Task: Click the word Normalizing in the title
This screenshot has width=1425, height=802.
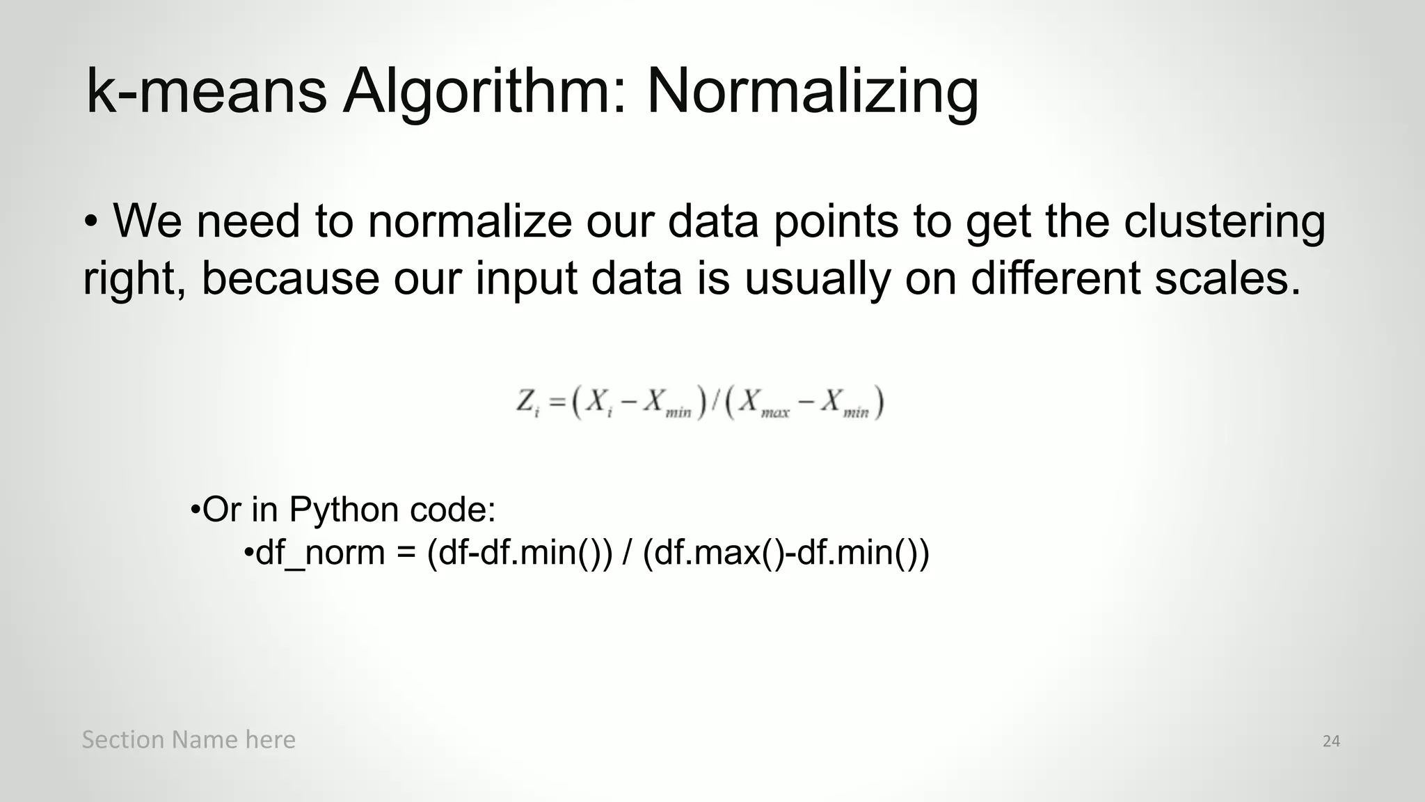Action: coord(812,93)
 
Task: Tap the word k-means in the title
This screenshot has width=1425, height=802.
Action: coord(206,93)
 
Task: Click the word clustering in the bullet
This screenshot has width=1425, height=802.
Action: coord(1225,222)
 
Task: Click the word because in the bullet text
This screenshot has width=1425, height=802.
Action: coord(290,278)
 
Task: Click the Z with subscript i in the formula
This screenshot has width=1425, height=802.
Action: coord(527,403)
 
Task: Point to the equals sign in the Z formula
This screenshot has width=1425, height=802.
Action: coord(557,402)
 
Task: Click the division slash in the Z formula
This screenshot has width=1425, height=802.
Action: coord(714,403)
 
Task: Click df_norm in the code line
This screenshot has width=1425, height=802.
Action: coord(320,553)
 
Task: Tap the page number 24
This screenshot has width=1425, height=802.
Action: coord(1331,741)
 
